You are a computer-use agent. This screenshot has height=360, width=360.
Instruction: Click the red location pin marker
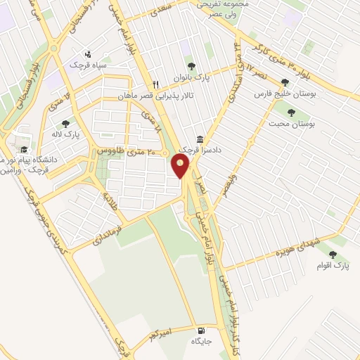click(181, 165)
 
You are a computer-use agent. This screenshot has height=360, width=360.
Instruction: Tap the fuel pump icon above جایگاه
click(202, 331)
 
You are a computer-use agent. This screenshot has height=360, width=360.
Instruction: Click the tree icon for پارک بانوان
click(191, 68)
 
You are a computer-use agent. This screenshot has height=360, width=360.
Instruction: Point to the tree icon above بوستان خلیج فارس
click(285, 82)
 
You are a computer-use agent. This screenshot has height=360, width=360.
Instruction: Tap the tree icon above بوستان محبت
click(291, 112)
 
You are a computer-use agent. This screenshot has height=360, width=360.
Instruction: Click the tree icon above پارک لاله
click(65, 124)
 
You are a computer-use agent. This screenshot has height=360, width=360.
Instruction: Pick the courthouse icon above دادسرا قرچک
click(200, 139)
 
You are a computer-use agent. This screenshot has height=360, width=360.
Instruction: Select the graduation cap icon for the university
click(25, 149)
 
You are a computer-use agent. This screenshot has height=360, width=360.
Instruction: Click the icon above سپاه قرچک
click(88, 53)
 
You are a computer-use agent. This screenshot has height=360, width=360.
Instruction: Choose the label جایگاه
click(201, 342)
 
